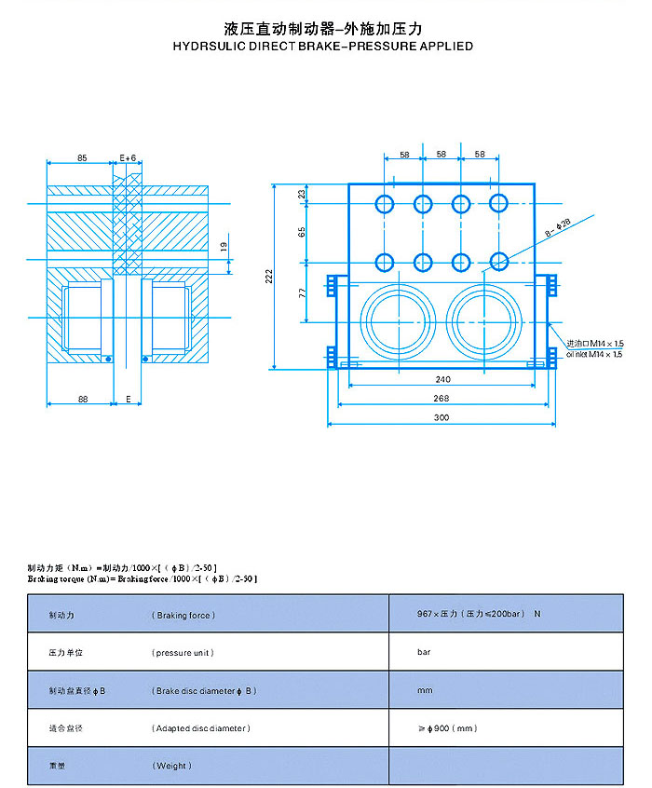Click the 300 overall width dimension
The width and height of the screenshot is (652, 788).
coord(441,417)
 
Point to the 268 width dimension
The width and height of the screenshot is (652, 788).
coord(441,399)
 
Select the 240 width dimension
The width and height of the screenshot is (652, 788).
coord(441,380)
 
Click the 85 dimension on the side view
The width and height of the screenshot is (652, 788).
coord(82,158)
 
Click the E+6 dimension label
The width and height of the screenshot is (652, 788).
coord(129,158)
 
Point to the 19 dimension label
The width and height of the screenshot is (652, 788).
coord(223,247)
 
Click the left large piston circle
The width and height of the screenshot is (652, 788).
coord(396,319)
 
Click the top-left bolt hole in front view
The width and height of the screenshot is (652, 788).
coord(385,203)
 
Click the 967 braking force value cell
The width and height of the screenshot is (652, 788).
coord(481,615)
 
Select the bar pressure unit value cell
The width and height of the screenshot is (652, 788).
coord(425,652)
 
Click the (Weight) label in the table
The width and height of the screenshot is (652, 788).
coord(172,766)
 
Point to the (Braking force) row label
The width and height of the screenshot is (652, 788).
coord(183,615)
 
